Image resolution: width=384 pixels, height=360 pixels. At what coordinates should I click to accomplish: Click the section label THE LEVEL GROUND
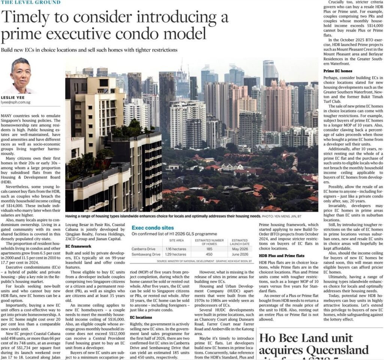click(30, 2)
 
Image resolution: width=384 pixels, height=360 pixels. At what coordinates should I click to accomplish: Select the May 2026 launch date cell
click(240, 249)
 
